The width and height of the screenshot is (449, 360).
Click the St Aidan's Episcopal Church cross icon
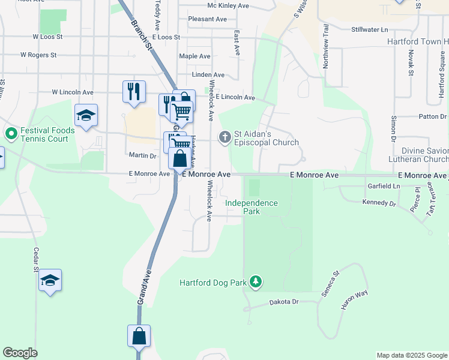click(x=224, y=137)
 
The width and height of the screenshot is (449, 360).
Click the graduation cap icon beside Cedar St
click(x=50, y=281)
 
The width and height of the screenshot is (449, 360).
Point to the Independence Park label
click(x=252, y=208)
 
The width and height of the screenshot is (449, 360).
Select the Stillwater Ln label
click(x=370, y=29)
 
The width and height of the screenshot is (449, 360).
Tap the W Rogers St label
click(x=38, y=55)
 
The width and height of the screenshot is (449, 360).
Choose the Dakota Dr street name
click(x=283, y=302)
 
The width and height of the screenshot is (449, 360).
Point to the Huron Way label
click(x=354, y=300)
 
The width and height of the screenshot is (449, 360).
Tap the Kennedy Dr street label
click(x=379, y=203)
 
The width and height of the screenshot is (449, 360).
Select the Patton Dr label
click(x=433, y=116)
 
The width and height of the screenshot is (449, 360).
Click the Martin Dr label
click(x=143, y=155)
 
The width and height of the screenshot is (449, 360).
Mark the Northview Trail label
click(x=327, y=47)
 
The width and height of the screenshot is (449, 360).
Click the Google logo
click(x=20, y=353)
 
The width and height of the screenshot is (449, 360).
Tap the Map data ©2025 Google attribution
click(x=412, y=355)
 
